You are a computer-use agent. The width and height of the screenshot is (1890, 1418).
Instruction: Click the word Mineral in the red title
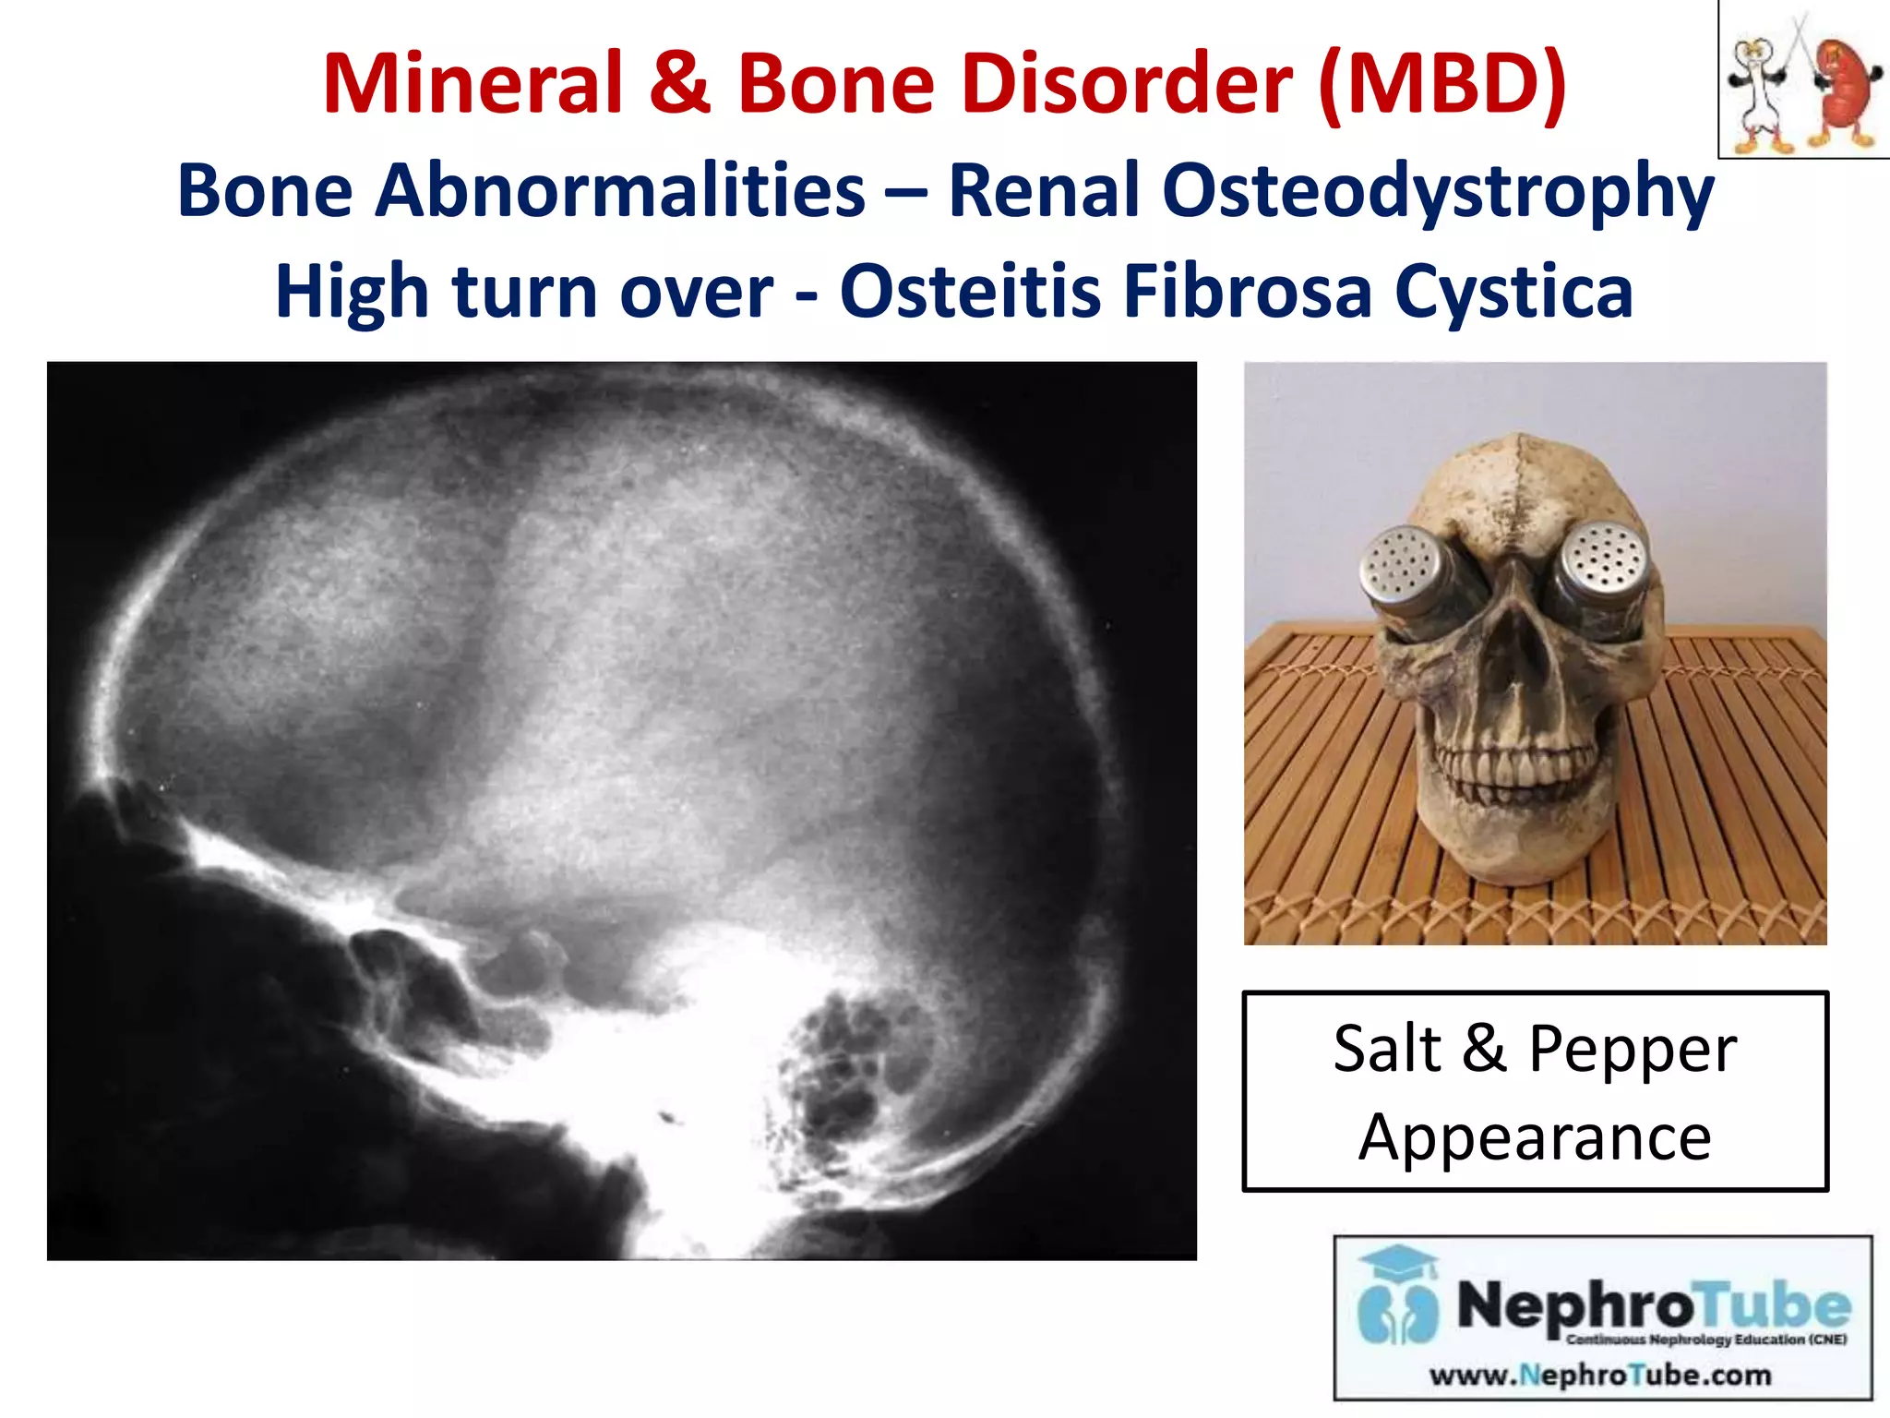coord(473,84)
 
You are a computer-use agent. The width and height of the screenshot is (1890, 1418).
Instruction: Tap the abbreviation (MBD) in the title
coord(1442,84)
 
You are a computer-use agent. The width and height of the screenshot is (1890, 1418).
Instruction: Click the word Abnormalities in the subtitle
coord(620,191)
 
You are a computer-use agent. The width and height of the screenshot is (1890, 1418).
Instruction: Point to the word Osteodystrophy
coord(1331,191)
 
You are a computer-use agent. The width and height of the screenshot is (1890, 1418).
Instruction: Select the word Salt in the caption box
coord(1387,1049)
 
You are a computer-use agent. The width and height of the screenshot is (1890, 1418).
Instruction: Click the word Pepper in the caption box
coord(1633,1049)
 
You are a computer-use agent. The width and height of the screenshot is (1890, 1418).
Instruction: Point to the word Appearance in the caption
coord(1535,1137)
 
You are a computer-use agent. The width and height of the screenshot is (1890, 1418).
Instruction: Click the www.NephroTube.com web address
coord(1600,1376)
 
